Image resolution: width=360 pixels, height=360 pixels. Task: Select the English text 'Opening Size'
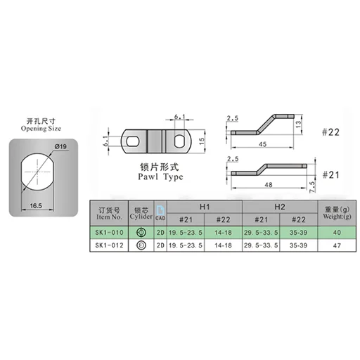click(41, 130)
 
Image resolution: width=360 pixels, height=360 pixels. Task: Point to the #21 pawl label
click(331, 174)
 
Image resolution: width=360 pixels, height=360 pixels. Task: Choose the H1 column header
click(204, 207)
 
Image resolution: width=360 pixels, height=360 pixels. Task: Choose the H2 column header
click(279, 207)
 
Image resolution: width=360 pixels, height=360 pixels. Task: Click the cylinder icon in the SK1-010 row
click(141, 231)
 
